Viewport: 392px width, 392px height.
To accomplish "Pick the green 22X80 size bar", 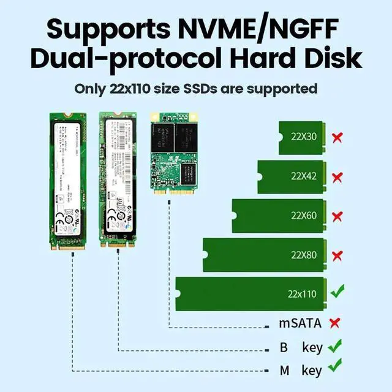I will click(262, 255).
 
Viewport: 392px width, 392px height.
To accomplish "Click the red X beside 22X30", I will click(337, 137).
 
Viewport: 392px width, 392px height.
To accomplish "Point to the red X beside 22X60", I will click(337, 216).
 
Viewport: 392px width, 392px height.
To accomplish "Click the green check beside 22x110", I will click(337, 292).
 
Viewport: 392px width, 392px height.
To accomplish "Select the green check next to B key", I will click(334, 347).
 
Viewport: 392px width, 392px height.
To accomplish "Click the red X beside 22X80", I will click(337, 255).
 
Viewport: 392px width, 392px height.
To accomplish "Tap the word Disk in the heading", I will click(328, 58).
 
